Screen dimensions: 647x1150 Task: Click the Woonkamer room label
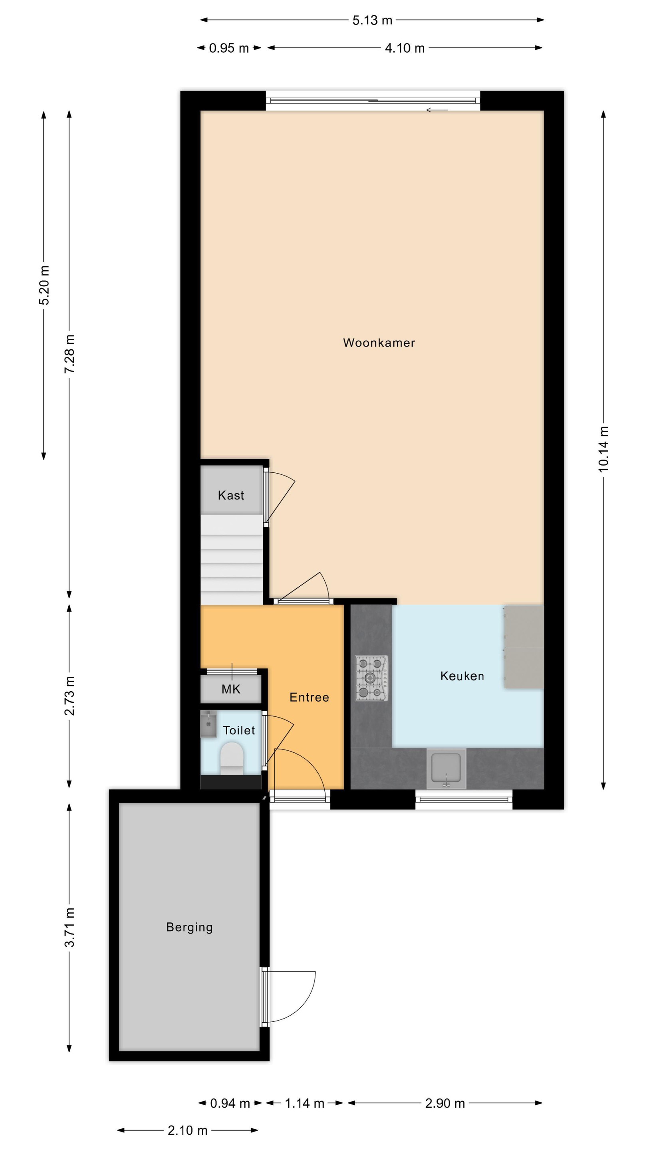point(379,343)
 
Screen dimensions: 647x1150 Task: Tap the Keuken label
point(462,676)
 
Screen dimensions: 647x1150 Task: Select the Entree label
point(309,697)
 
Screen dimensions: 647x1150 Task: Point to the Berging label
point(189,928)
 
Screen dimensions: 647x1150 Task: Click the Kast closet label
point(231,495)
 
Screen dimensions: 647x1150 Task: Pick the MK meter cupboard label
point(231,689)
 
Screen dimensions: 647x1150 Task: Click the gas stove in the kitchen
point(371,678)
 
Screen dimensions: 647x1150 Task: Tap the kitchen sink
point(446,768)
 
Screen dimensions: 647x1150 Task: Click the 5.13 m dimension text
point(372,20)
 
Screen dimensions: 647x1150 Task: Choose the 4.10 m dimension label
point(405,48)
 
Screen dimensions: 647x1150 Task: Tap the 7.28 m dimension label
point(69,354)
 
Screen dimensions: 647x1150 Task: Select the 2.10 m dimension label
point(188,1130)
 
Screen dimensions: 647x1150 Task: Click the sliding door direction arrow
point(437,110)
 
